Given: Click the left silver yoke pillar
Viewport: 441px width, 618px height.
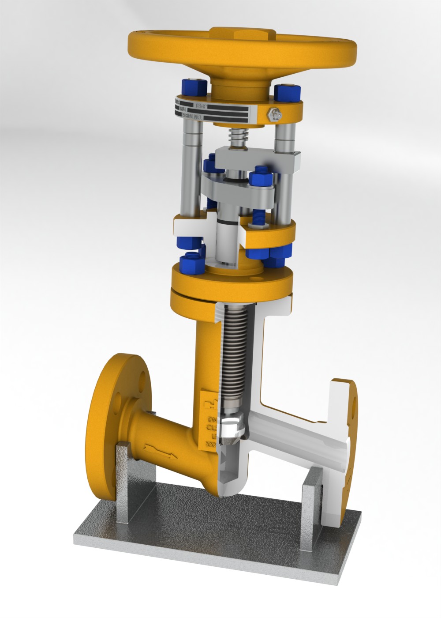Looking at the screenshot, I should pyautogui.click(x=191, y=168).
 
